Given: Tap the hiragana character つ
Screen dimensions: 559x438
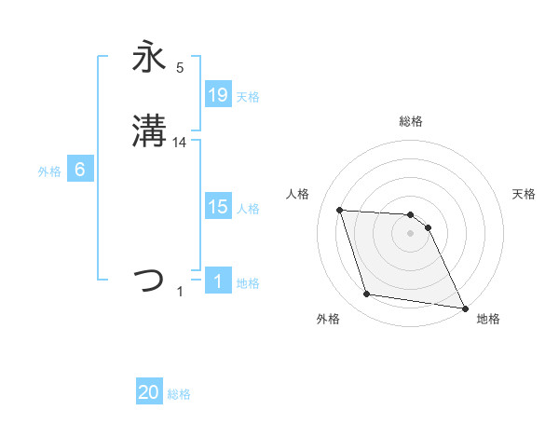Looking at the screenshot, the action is click(x=149, y=280).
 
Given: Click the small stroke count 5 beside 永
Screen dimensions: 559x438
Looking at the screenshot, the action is click(x=180, y=67).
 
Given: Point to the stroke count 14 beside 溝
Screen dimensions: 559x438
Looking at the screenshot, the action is click(x=180, y=143).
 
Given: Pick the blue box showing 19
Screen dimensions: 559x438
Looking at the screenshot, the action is click(x=218, y=94).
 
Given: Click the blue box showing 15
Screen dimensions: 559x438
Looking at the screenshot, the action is click(x=218, y=207).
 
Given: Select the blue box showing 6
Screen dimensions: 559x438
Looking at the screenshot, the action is click(x=80, y=170).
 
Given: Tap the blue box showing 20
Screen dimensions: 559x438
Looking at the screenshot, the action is click(x=149, y=393).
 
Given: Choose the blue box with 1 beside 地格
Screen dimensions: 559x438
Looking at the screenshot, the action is click(x=218, y=281).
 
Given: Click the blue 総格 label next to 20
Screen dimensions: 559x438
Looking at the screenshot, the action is click(x=179, y=394).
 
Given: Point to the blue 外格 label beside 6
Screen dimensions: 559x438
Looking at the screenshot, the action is click(x=49, y=171).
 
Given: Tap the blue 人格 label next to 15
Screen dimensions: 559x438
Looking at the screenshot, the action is click(x=248, y=208).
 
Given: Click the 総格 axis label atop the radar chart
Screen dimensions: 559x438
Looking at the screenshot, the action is click(x=411, y=121).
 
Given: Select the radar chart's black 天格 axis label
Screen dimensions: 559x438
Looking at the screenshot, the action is click(x=525, y=194).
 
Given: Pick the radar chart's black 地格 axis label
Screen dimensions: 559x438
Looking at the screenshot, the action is click(x=488, y=319).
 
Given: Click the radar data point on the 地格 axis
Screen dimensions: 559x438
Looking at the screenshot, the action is click(x=463, y=307).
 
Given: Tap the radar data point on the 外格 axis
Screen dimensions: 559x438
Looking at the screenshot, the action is click(x=367, y=294).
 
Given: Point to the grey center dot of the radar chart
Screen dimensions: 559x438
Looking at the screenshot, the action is click(x=411, y=233).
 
